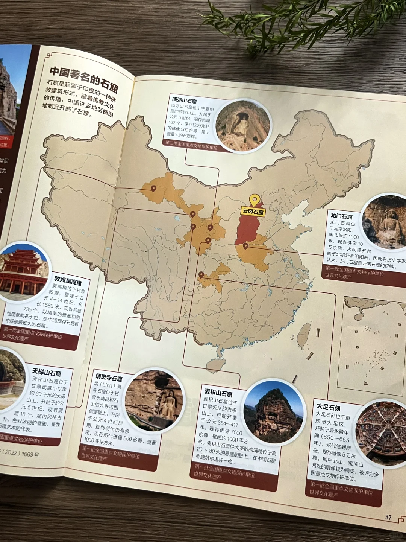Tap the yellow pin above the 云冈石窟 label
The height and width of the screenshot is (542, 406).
[255, 200]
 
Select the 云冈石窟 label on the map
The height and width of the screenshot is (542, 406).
[253, 212]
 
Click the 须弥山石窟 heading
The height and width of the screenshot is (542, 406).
[184, 100]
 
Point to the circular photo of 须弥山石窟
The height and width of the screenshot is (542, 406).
[243, 126]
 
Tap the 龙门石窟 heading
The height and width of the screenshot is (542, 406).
[341, 216]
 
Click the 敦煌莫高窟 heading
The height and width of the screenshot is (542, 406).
[68, 280]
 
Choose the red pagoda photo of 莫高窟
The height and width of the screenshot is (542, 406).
[23, 271]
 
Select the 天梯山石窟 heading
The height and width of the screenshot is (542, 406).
[47, 373]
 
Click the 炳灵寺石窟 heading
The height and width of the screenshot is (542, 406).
[109, 377]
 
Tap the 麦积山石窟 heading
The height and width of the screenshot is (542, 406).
[218, 393]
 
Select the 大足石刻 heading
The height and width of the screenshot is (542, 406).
[328, 407]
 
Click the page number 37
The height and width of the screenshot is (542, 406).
[388, 517]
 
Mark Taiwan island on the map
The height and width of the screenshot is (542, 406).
[304, 335]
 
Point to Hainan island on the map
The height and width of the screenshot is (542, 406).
[216, 364]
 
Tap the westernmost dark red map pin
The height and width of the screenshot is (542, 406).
[153, 188]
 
